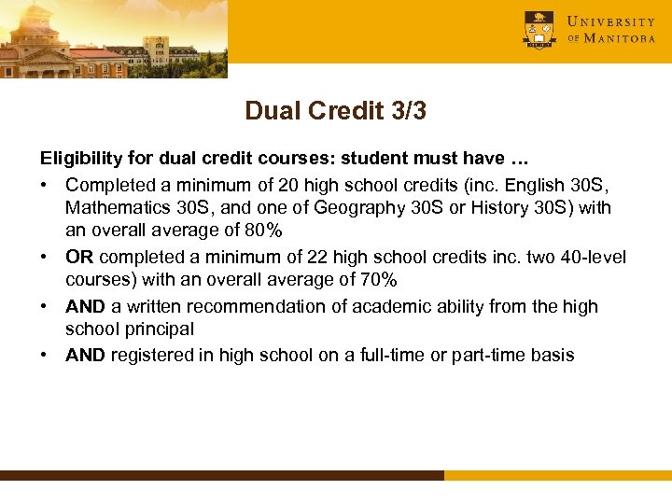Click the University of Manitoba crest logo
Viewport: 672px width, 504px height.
point(539,29)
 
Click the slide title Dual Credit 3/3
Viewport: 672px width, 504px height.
point(336,111)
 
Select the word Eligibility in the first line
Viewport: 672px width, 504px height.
point(75,160)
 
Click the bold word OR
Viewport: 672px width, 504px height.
point(79,257)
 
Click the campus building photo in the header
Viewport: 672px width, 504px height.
point(113,38)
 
